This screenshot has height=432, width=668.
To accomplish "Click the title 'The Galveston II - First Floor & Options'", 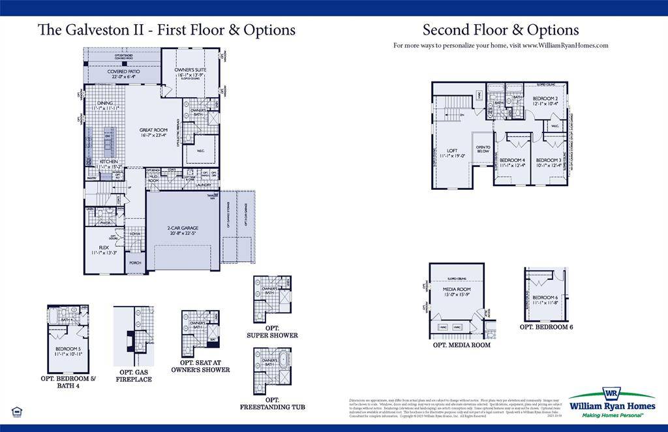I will coord(166,30).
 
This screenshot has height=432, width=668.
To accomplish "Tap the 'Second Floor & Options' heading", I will coord(500,30).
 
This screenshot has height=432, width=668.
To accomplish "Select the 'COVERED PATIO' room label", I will coord(123,72).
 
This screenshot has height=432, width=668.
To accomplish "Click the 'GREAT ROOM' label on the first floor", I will coord(153,130).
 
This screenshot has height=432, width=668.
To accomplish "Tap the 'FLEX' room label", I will coord(104,247).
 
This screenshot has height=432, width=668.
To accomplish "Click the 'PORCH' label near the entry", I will coord(135,262).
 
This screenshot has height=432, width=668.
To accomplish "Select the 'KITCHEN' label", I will coord(108,161).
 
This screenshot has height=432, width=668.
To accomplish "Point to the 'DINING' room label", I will coord(105,103).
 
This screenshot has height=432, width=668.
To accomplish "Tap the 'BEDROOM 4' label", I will coord(512,160).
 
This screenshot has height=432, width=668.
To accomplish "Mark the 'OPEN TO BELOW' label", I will coord(483,149).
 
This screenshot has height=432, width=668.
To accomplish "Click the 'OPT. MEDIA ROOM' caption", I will coord(461,345).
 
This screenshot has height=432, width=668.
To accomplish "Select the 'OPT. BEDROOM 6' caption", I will coord(546,327).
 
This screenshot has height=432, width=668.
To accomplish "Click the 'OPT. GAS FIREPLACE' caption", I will coord(134,375).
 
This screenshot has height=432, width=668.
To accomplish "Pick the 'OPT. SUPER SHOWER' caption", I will coord(272,332).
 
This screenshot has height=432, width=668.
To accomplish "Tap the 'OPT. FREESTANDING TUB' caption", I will coord(272,403).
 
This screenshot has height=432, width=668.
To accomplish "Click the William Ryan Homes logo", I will coord(611,403).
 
